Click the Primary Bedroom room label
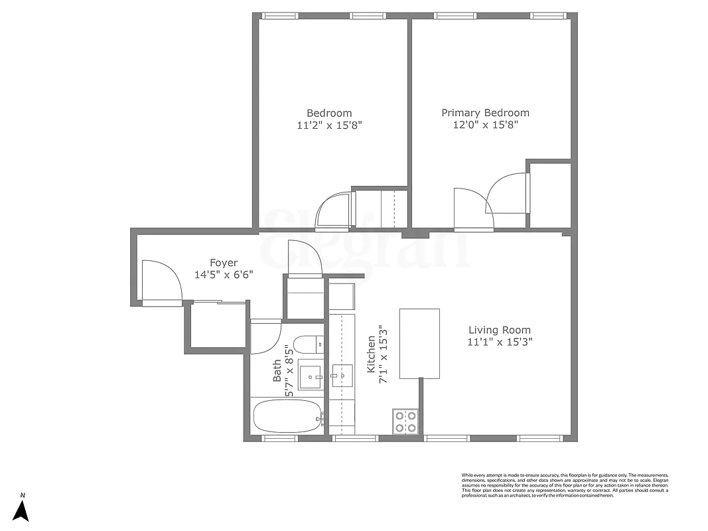pyautogui.click(x=485, y=113)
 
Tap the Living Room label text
pyautogui.click(x=499, y=330)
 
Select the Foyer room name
pyautogui.click(x=224, y=263)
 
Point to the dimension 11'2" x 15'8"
pyautogui.click(x=329, y=125)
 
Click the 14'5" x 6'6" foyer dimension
pyautogui.click(x=224, y=275)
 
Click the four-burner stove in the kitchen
pyautogui.click(x=405, y=421)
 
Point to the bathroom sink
pyautogui.click(x=309, y=376)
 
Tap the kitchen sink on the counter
pyautogui.click(x=342, y=376)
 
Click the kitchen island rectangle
pyautogui.click(x=419, y=343)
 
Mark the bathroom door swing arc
pyautogui.click(x=266, y=337)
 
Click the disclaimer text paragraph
pyautogui.click(x=565, y=485)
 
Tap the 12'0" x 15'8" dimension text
pyautogui.click(x=485, y=125)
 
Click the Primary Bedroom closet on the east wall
pyautogui.click(x=549, y=194)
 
